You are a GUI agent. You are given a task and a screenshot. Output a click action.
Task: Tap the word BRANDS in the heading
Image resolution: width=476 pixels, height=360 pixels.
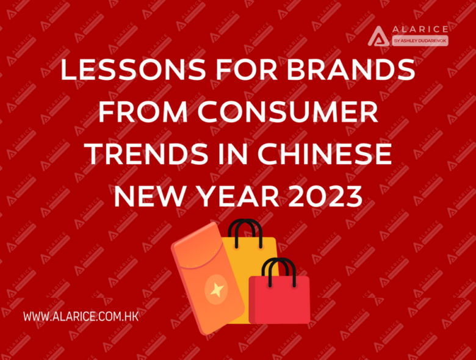coord(351,70)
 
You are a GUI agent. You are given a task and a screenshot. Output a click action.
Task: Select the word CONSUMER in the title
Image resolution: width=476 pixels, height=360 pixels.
coord(288,112)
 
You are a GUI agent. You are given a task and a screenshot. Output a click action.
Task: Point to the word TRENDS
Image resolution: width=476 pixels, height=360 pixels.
coord(148,154)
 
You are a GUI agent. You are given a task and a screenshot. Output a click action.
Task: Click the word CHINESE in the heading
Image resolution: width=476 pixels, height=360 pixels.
coord(325,154)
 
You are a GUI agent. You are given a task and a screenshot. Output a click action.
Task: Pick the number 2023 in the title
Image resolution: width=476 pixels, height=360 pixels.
coord(325,196)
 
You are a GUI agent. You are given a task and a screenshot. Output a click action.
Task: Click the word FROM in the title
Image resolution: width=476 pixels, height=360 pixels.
coord(143,112)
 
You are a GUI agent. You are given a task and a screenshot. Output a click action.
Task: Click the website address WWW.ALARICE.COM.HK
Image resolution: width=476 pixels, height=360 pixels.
coord(81,317)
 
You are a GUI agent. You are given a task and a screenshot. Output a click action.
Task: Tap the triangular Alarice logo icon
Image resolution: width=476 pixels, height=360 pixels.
coord(378,36)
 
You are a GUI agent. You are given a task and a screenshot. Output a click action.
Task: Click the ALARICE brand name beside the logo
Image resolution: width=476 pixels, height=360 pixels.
coord(420,29)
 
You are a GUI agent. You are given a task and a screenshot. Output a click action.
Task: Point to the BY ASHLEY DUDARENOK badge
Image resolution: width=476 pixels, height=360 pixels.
coord(420,41)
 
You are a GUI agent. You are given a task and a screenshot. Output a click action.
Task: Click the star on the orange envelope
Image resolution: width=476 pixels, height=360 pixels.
coord(217,290)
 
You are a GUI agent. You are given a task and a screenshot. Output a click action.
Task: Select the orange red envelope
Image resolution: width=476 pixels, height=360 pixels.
coord(208,278)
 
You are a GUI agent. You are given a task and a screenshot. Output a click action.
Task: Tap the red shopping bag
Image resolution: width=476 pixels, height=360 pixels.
coord(279,300)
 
